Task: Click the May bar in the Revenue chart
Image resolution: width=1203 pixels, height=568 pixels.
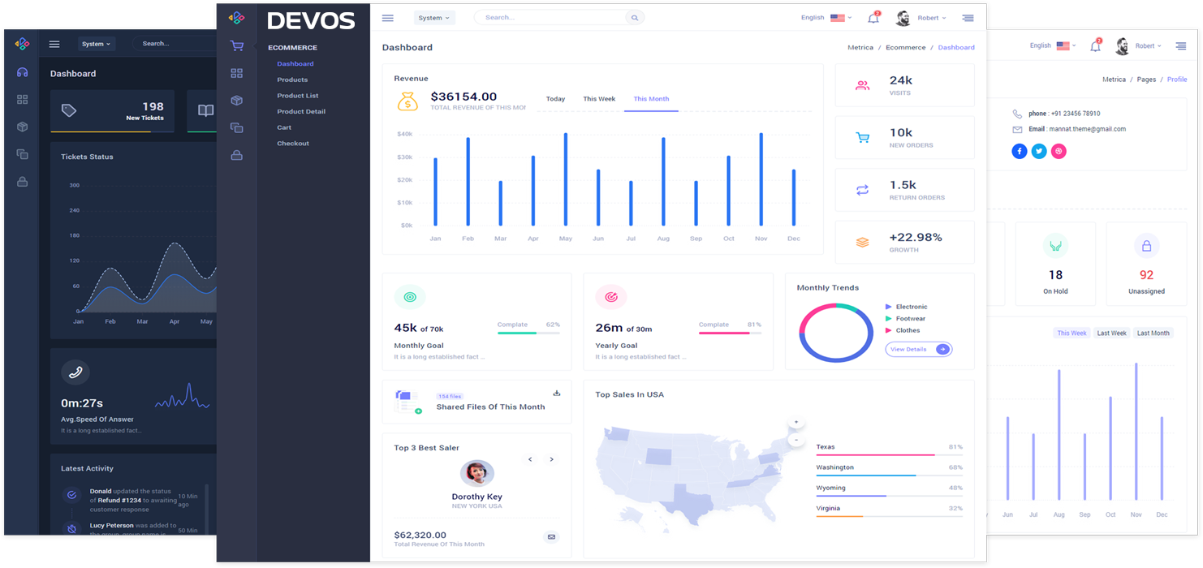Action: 566,179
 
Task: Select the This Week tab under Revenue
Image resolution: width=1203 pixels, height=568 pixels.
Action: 599,99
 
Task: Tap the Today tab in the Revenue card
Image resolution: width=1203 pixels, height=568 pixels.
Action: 555,99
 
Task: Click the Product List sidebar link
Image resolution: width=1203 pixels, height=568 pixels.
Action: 297,96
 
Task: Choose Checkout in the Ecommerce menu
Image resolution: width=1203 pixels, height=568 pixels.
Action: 292,144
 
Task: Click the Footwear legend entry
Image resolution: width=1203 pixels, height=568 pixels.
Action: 910,319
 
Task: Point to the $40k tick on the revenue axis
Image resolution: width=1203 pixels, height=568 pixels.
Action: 404,134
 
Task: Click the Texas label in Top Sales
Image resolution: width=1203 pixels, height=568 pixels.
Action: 826,447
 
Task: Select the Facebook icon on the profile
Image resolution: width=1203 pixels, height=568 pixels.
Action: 1020,152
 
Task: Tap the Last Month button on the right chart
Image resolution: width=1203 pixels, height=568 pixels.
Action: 1153,333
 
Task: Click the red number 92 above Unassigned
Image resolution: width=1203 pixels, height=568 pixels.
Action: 1146,275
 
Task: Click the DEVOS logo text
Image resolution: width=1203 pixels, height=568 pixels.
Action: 311,20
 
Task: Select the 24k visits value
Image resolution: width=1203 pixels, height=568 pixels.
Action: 901,80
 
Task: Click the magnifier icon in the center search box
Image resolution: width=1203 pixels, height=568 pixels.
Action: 635,18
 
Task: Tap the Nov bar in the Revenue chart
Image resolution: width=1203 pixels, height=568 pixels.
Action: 761,179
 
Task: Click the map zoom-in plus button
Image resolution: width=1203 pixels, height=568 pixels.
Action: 796,423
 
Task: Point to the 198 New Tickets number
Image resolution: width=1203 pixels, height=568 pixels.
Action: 153,106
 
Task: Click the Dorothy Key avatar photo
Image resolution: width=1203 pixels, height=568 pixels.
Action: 476,472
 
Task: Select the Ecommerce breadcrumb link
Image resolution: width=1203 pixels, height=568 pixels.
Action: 905,48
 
